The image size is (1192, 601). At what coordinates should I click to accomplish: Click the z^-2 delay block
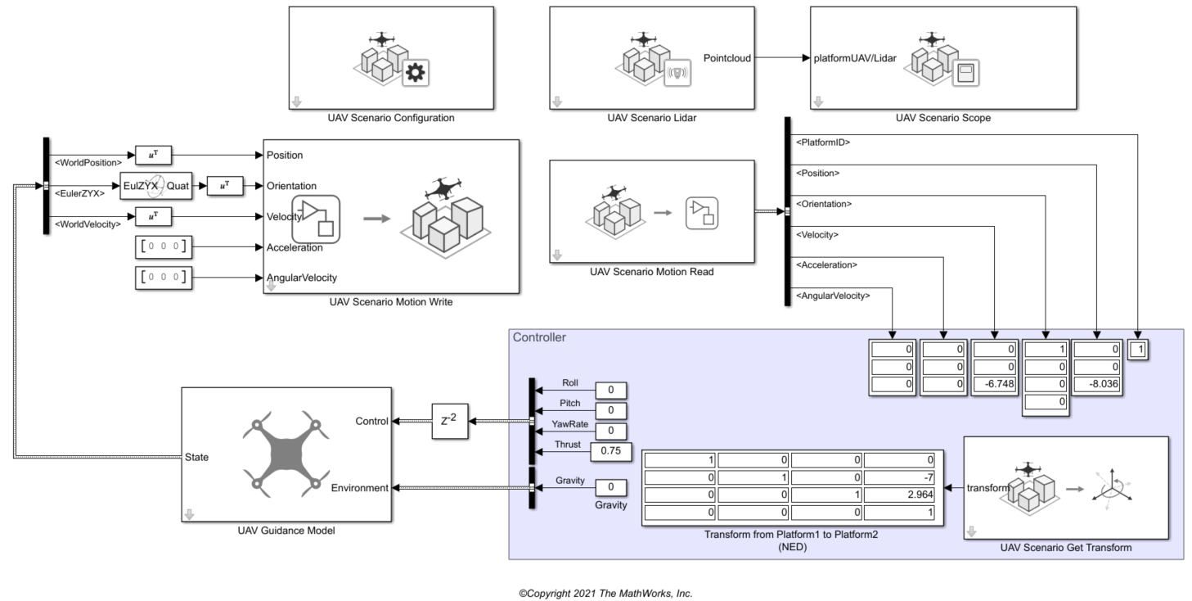click(x=449, y=422)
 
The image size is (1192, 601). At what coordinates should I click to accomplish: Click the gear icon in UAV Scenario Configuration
click(x=416, y=73)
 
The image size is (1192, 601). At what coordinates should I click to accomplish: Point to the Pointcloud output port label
click(x=726, y=58)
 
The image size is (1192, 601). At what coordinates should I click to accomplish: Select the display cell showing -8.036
click(x=1096, y=384)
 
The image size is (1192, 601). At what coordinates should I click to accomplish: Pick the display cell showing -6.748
click(x=994, y=384)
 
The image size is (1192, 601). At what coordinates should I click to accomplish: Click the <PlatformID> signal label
click(x=823, y=142)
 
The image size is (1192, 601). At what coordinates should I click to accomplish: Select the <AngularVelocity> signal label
click(x=833, y=296)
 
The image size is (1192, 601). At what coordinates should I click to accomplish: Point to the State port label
click(x=197, y=458)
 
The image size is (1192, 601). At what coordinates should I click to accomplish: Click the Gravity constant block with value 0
click(x=610, y=488)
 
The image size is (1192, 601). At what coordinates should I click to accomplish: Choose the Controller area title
click(x=538, y=337)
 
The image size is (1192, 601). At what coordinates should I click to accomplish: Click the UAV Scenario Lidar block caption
click(x=651, y=118)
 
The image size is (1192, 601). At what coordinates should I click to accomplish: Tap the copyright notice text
click(x=605, y=594)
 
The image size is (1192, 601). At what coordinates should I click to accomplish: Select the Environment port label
click(x=359, y=488)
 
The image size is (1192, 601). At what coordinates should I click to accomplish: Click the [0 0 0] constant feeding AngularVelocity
click(x=163, y=278)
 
